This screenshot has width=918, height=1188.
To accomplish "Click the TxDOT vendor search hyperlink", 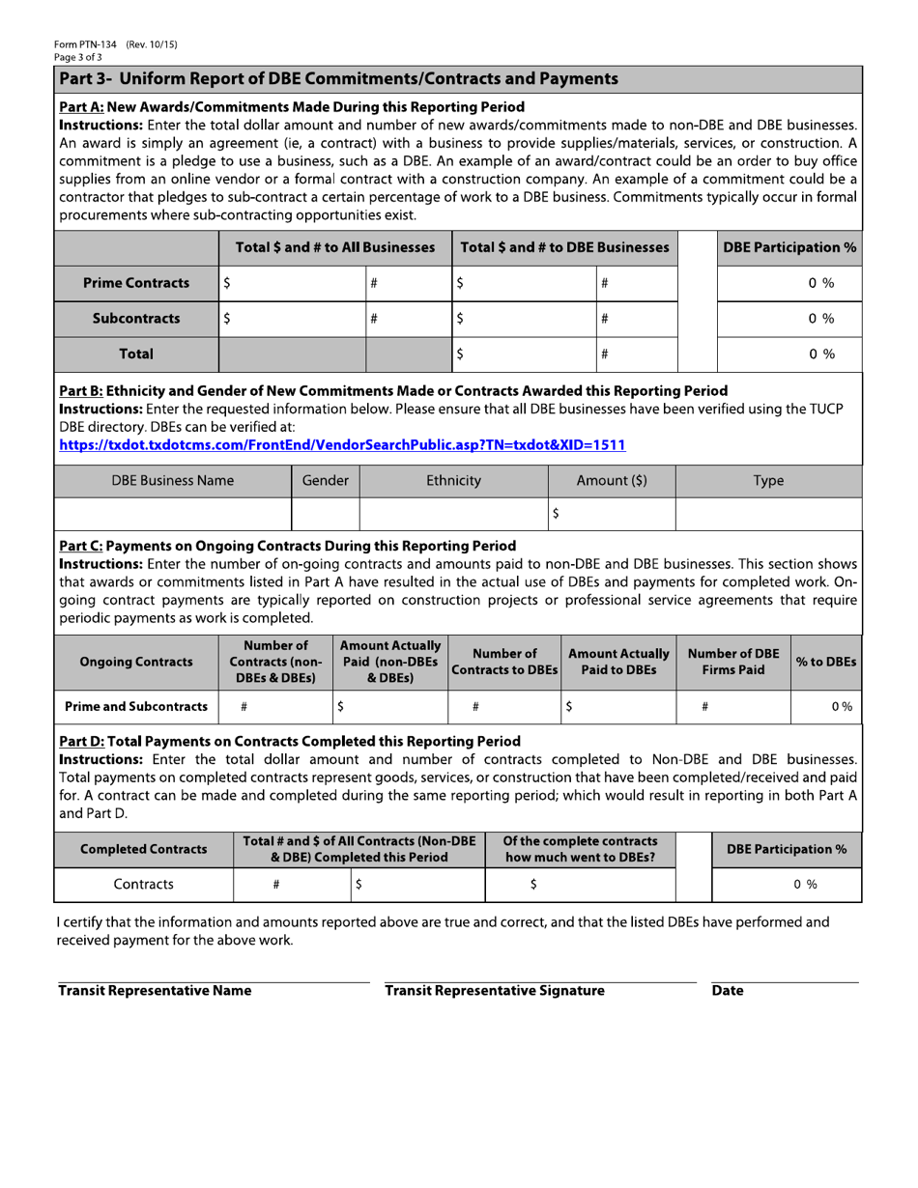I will [x=342, y=445].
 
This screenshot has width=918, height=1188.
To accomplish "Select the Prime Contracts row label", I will [x=135, y=283].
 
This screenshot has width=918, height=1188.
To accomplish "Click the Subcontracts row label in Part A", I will [x=135, y=319].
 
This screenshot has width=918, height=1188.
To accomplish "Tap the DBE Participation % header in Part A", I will [x=789, y=248].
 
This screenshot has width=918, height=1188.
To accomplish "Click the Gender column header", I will [x=325, y=481].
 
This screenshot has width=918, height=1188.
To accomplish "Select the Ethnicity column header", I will [x=453, y=481].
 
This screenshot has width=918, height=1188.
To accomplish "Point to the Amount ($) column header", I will [x=611, y=481].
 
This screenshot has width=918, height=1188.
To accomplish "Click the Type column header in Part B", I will [x=767, y=481].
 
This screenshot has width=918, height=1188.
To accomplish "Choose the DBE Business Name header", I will [x=172, y=481].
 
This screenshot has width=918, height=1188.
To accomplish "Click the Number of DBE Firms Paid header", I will [x=732, y=662].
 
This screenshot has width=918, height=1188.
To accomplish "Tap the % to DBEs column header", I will [x=826, y=662].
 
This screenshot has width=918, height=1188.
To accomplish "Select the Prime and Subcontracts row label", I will [x=135, y=707].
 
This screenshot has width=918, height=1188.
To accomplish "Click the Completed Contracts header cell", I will [x=143, y=850].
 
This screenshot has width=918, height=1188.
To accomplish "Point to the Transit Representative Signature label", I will [x=494, y=991].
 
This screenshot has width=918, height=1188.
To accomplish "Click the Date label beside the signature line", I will [x=727, y=991].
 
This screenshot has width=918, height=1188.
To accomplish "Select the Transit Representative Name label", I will [x=155, y=991].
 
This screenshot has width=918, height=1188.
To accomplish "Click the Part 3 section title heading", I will [x=338, y=78].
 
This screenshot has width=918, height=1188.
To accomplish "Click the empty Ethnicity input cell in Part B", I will [x=453, y=515].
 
